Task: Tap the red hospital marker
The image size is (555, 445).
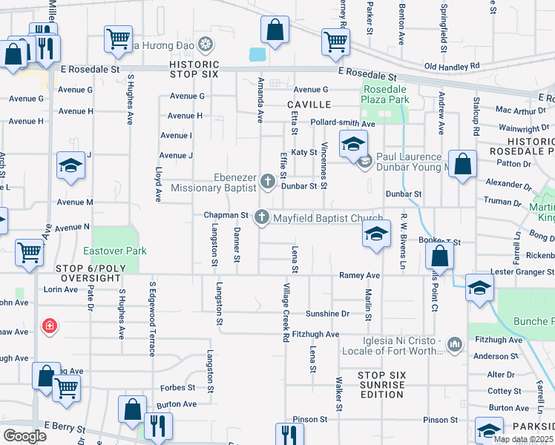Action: tap(50, 326)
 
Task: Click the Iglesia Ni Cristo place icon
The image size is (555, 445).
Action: tap(455, 344)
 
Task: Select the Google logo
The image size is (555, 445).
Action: tap(24, 435)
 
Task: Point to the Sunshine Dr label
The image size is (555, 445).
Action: tap(327, 314)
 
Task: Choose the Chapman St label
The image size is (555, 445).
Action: tap(226, 215)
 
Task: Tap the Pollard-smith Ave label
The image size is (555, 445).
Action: tap(343, 123)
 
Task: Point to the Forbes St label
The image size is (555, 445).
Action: tap(181, 387)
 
